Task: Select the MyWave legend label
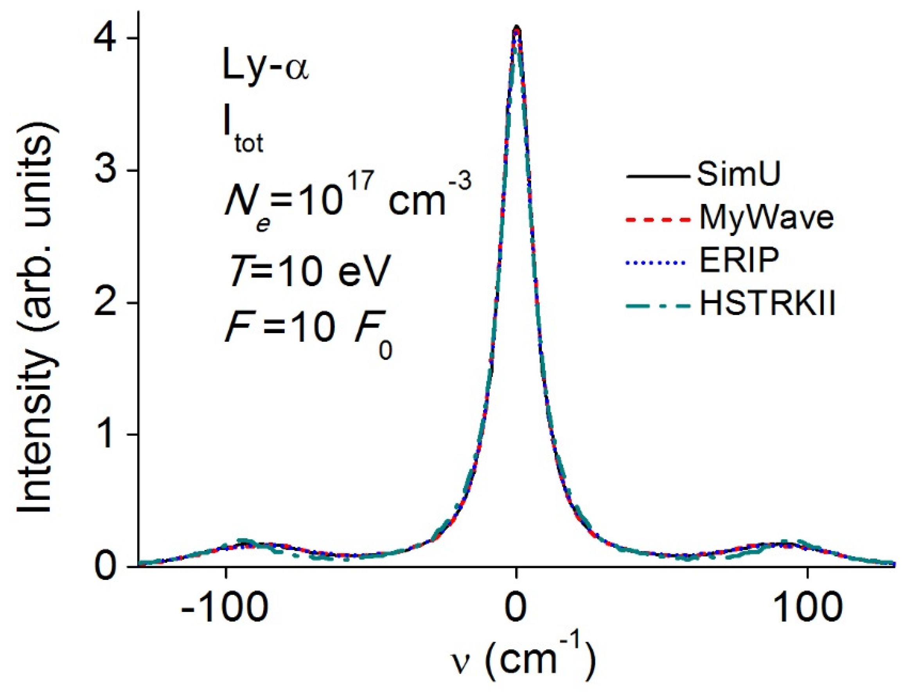[766, 218]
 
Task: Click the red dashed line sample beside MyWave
[657, 220]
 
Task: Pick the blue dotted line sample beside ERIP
[657, 262]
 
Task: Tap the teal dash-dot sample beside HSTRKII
[657, 306]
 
